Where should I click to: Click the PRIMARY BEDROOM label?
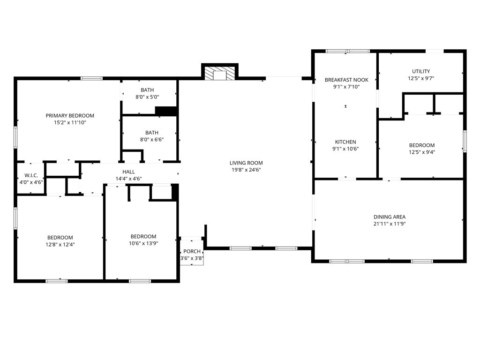[x=70, y=116]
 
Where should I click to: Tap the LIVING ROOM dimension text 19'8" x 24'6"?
[x=246, y=170]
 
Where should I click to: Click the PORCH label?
[x=192, y=251]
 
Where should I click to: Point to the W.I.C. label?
[x=31, y=175]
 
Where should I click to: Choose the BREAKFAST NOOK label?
[x=346, y=80]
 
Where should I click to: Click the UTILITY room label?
[x=421, y=71]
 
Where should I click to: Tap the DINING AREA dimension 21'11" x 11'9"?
[x=390, y=224]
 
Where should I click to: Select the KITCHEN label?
[x=345, y=142]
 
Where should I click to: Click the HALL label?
[x=128, y=172]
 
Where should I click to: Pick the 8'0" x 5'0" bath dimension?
[x=147, y=97]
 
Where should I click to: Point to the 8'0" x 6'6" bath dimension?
[x=152, y=140]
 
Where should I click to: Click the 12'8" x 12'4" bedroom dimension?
[x=60, y=245]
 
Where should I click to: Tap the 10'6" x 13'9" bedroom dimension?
[x=143, y=243]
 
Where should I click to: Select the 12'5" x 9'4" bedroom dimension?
[x=422, y=152]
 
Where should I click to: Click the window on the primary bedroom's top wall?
[x=91, y=78]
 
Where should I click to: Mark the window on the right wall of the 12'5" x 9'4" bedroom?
[x=465, y=141]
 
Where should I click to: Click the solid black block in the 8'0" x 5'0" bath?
[x=166, y=111]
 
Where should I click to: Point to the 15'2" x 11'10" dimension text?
[x=70, y=123]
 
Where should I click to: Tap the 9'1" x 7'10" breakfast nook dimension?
[x=346, y=87]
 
